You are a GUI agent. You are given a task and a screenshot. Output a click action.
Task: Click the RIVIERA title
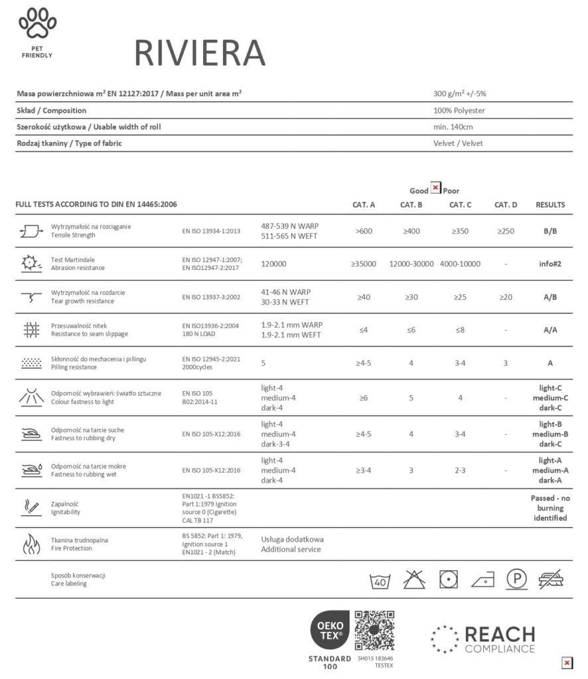(x=199, y=52)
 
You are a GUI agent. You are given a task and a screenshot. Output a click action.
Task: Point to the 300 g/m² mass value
(x=460, y=93)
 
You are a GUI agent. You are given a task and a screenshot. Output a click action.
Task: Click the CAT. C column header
(x=460, y=205)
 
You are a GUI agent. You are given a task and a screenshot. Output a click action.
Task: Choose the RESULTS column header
(x=550, y=205)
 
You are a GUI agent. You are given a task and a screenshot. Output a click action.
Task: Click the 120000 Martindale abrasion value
(x=274, y=264)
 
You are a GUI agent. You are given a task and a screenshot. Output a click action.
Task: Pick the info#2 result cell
(x=550, y=264)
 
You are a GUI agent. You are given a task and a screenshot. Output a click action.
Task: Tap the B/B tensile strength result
(x=550, y=231)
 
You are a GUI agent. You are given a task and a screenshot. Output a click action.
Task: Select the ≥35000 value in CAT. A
(x=364, y=264)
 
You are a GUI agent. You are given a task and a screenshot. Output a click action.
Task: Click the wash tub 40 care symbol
(x=379, y=580)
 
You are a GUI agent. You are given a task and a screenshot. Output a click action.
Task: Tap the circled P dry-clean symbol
(x=517, y=579)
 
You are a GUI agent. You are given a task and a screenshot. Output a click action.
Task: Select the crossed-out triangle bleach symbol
(x=415, y=579)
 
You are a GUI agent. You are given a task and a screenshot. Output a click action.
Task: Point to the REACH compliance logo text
(x=499, y=639)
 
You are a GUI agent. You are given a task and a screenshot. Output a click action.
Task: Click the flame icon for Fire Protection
(x=32, y=544)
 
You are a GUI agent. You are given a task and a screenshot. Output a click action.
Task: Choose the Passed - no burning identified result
(x=550, y=508)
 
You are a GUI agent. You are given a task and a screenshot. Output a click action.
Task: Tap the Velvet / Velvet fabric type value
(x=458, y=143)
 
